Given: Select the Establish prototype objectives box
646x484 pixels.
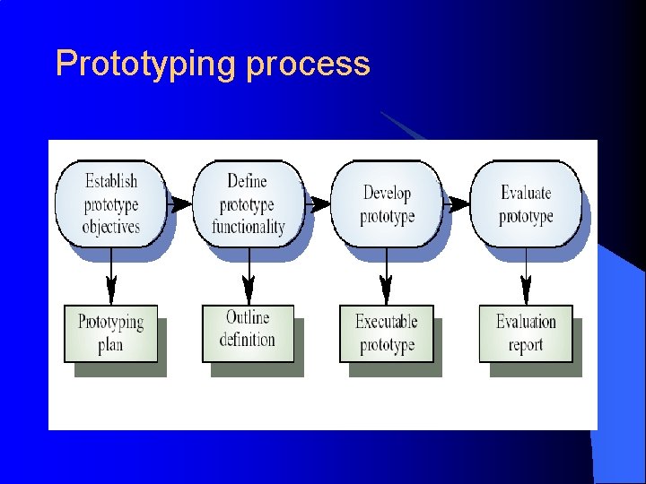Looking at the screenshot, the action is pyautogui.click(x=110, y=203).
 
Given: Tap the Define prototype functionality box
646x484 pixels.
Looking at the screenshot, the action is pyautogui.click(x=249, y=203).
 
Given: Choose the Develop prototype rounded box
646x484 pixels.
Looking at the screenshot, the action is pyautogui.click(x=387, y=203).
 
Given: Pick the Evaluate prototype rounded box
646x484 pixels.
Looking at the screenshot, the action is pyautogui.click(x=526, y=203).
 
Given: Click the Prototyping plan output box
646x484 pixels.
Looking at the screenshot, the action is pyautogui.click(x=110, y=333).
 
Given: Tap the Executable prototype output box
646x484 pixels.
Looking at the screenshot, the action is pyautogui.click(x=386, y=333).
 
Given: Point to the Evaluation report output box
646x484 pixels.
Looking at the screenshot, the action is pyautogui.click(x=526, y=333).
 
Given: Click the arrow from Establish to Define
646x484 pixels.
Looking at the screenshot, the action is pyautogui.click(x=179, y=203).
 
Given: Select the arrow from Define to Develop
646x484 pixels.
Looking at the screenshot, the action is pyautogui.click(x=318, y=203).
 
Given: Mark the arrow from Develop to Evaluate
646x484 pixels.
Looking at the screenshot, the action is pyautogui.click(x=457, y=203).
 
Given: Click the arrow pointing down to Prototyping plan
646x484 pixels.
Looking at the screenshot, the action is pyautogui.click(x=110, y=278).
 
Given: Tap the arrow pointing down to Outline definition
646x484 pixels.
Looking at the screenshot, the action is pyautogui.click(x=249, y=278).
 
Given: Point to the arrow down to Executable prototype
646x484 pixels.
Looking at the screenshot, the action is pyautogui.click(x=387, y=278).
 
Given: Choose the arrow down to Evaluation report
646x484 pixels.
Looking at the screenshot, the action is pyautogui.click(x=526, y=278).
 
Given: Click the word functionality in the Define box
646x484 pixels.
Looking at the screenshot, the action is pyautogui.click(x=249, y=227).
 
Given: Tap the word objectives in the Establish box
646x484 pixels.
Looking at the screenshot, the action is pyautogui.click(x=110, y=227).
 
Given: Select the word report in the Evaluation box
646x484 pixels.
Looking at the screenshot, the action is pyautogui.click(x=526, y=345).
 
